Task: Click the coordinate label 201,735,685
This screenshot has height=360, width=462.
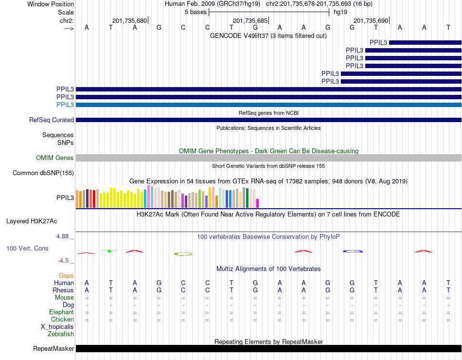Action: pyautogui.click(x=250, y=21)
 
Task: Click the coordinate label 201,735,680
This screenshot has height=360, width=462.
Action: pyautogui.click(x=129, y=21)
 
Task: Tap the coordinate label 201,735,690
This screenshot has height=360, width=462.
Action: pyautogui.click(x=371, y=21)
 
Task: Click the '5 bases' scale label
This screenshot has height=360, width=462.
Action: pyautogui.click(x=195, y=12)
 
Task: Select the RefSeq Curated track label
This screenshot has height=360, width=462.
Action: pyautogui.click(x=52, y=120)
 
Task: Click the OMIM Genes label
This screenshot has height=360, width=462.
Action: pyautogui.click(x=55, y=158)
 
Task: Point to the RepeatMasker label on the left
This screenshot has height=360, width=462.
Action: pyautogui.click(x=53, y=348)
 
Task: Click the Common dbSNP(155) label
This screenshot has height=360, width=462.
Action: pyautogui.click(x=43, y=173)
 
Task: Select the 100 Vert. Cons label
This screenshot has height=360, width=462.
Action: pyautogui.click(x=27, y=248)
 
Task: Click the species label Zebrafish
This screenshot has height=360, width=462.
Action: pyautogui.click(x=61, y=334)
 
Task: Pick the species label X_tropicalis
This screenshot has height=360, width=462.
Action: pyautogui.click(x=57, y=326)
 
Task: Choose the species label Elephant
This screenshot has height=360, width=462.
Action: pyautogui.click(x=61, y=312)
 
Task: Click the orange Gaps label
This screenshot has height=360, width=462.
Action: pyautogui.click(x=66, y=275)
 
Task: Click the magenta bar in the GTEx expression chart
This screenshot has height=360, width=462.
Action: pyautogui.click(x=258, y=203)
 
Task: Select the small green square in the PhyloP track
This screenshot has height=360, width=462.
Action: pyautogui.click(x=110, y=251)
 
